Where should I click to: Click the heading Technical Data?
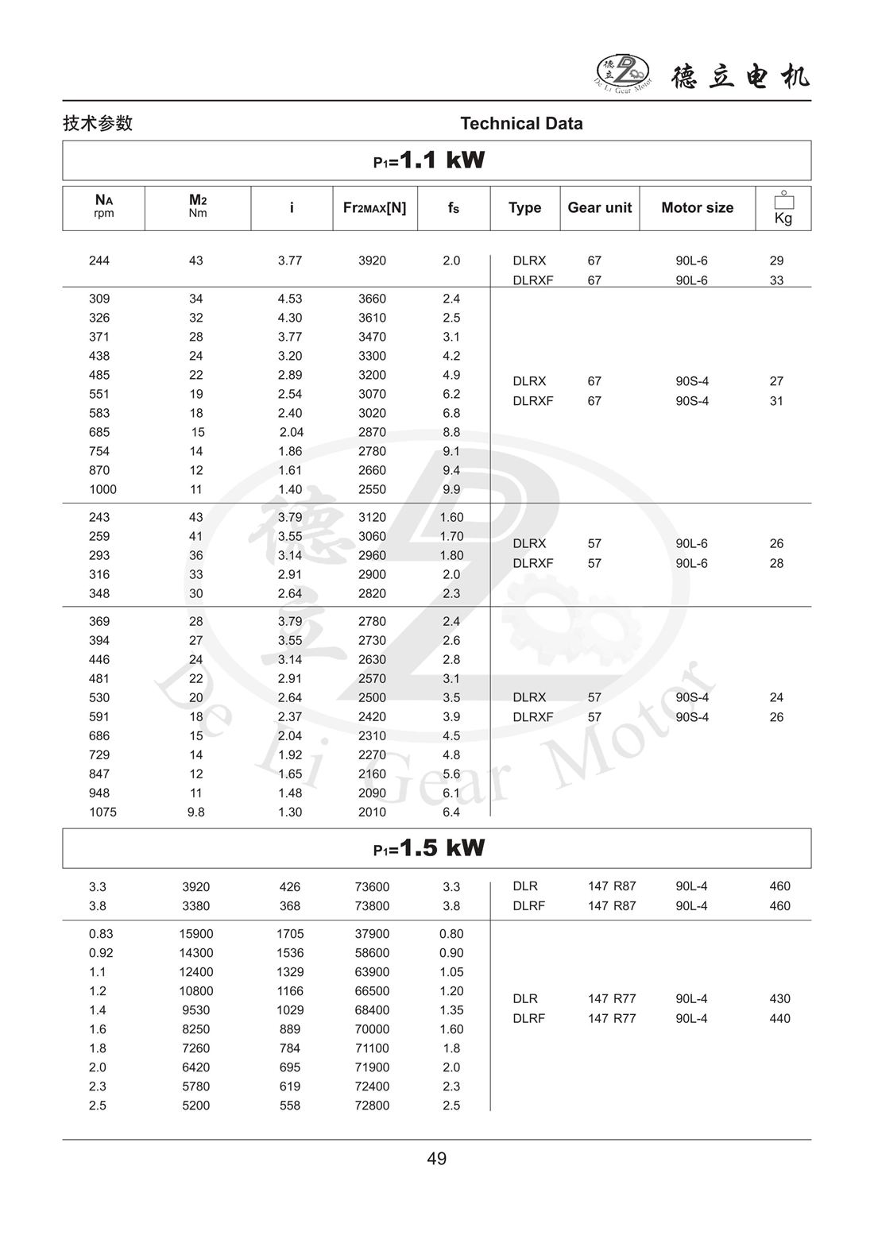521,124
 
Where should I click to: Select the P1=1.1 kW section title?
429,160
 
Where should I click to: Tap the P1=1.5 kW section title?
429,848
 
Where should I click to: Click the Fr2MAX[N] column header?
374,208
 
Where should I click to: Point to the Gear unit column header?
599,208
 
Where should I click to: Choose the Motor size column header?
697,208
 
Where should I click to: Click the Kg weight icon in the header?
783,208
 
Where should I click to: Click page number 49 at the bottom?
437,1159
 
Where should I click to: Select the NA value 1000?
102,490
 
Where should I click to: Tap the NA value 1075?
102,812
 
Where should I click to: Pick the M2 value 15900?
195,934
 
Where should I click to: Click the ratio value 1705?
290,934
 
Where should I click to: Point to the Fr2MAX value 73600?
372,887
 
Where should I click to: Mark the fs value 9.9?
451,490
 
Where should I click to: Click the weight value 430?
779,999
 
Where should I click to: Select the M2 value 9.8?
195,812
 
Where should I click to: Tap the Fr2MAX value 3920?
372,261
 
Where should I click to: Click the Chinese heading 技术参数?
98,124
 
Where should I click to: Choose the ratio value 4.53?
290,299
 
